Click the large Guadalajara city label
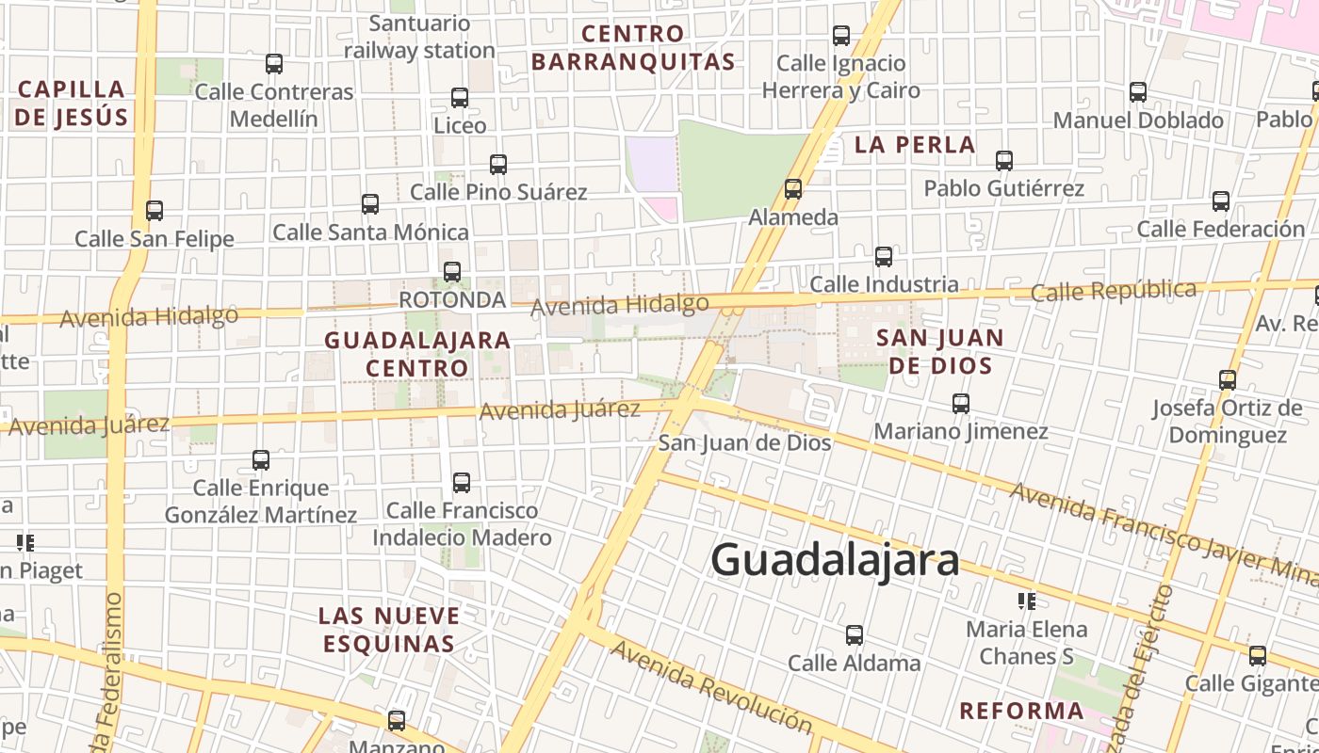point(835,560)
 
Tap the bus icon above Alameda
point(793,189)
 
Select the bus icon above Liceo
point(460,98)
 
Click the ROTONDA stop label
point(452,299)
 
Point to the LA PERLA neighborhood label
point(915,145)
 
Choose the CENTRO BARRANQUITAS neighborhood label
point(632,48)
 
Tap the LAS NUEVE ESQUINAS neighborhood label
point(389,630)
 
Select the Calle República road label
point(1113,290)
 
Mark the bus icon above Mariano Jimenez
point(961,404)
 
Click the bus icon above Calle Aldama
point(855,635)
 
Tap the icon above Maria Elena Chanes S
point(1027,601)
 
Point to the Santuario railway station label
point(419,37)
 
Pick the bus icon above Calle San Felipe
point(155,211)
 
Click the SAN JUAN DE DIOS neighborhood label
point(940,351)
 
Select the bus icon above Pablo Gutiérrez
point(1004,161)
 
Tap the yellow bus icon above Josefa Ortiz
point(1228,380)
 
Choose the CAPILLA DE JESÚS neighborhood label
point(72,103)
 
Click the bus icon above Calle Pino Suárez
point(498,165)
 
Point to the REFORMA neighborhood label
point(1021,711)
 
